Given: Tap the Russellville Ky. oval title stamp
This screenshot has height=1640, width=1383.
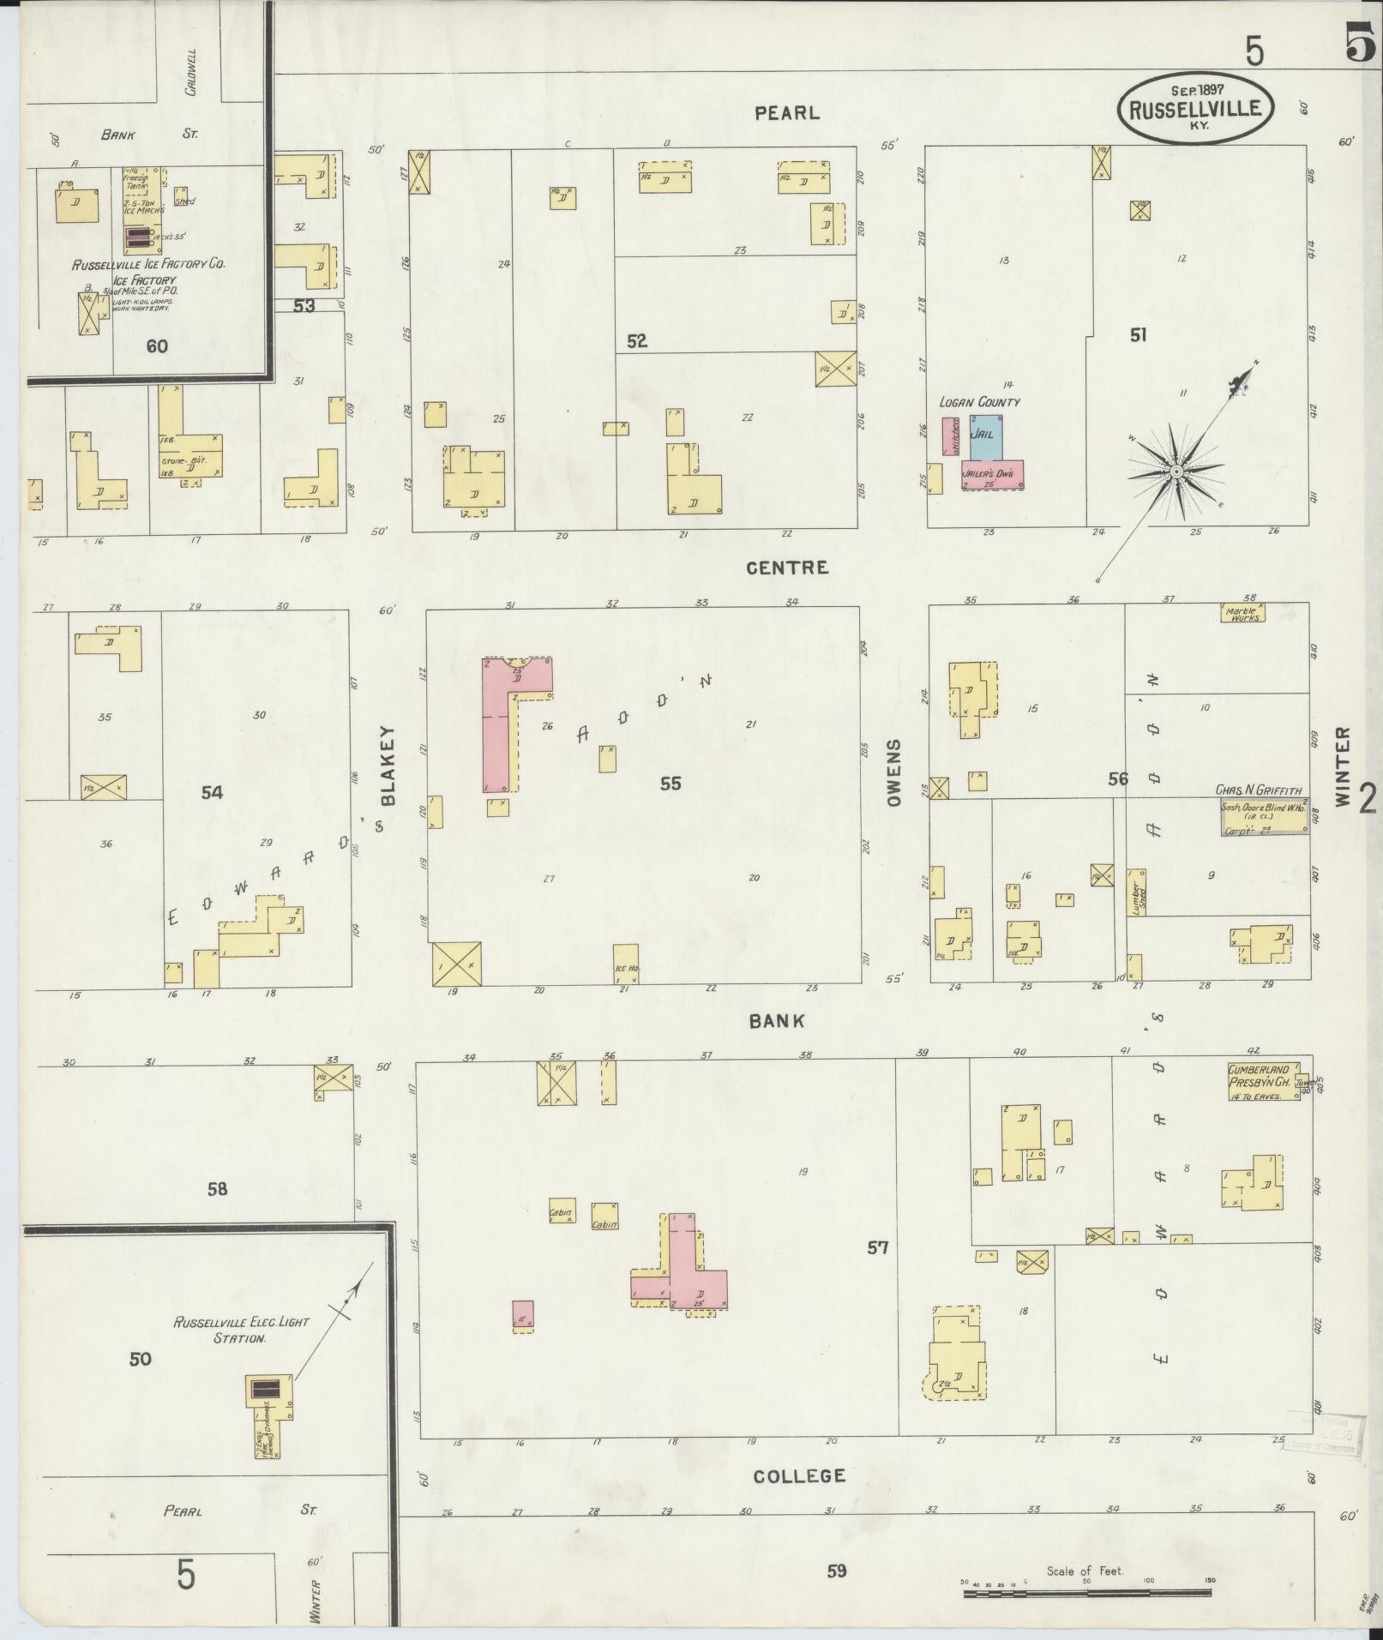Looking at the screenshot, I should pos(1194,107).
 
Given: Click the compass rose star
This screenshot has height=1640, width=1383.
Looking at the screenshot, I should pos(1176,472).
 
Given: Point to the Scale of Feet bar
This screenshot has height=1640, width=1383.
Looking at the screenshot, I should pos(1087,1593).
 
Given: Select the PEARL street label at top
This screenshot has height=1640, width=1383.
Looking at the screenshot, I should pos(787,112).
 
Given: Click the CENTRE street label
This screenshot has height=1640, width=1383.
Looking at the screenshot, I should pos(786,568).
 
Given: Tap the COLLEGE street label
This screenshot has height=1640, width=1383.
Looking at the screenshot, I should pos(799,1475).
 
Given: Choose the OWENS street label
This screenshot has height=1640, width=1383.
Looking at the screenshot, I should pos(894,772).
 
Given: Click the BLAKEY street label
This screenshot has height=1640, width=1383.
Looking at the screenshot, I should pos(387,766).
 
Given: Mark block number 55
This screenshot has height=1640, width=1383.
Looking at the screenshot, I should pos(670,784).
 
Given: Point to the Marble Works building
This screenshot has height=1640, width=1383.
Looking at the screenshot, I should pos(1242,614).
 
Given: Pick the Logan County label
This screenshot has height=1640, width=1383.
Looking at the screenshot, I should pos(979,401).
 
